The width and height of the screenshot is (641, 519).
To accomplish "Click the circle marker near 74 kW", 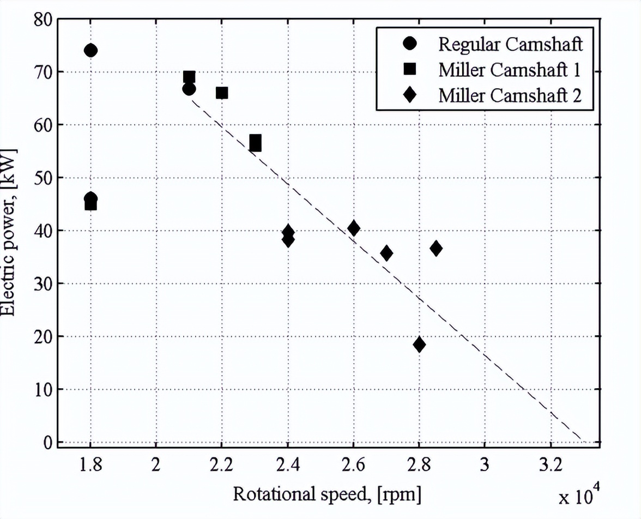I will click(x=91, y=50).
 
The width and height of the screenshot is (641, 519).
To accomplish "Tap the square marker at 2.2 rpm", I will click(x=222, y=93).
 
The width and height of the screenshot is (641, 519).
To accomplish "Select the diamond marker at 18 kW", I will click(x=419, y=344).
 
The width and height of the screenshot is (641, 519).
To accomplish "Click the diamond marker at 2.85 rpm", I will click(x=436, y=249).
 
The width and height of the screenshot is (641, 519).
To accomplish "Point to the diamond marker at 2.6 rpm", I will click(x=353, y=228).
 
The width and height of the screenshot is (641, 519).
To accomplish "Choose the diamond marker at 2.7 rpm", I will click(x=386, y=253).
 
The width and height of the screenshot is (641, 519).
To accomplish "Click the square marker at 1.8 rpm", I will click(x=91, y=205).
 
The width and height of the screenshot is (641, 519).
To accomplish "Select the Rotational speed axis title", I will click(x=326, y=495).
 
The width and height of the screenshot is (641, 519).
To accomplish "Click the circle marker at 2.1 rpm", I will click(x=189, y=89).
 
